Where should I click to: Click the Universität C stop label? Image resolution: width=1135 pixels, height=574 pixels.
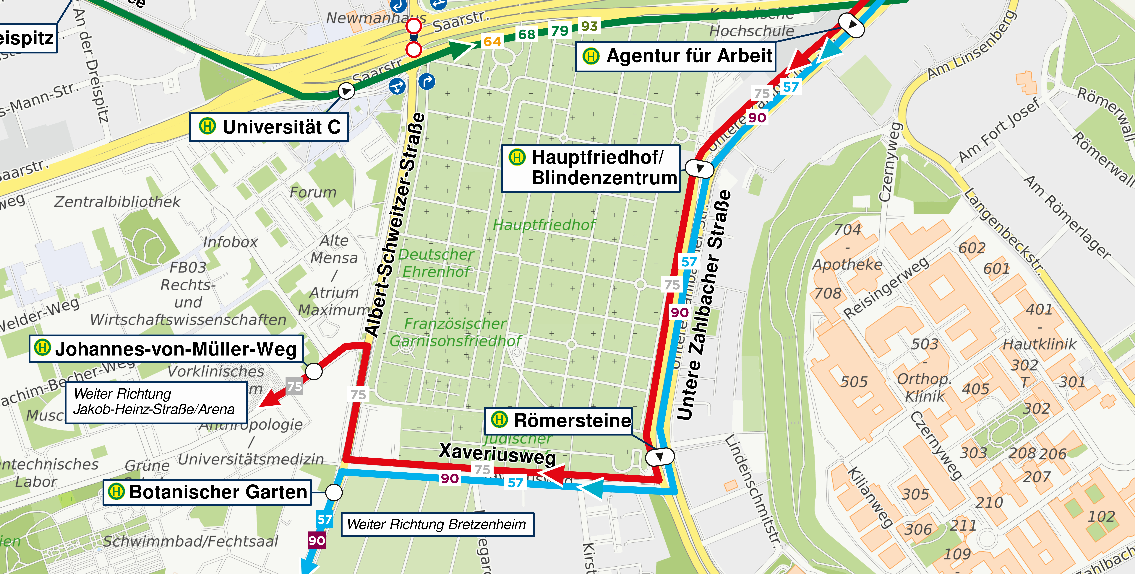tap(269, 127)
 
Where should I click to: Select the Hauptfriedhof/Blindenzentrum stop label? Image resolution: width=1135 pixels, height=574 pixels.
tap(591, 168)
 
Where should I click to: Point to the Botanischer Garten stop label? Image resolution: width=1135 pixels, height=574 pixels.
tap(207, 492)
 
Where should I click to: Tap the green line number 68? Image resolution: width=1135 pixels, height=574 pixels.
tap(526, 34)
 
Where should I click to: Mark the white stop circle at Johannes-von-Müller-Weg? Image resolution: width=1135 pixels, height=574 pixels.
tap(314, 371)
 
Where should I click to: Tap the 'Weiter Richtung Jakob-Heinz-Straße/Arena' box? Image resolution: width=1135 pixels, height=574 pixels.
tap(156, 402)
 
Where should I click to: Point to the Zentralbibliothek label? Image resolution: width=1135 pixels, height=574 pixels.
tap(117, 202)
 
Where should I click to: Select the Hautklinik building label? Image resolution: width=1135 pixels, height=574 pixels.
tap(1039, 344)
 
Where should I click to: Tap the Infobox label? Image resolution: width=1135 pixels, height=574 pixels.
tap(230, 242)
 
